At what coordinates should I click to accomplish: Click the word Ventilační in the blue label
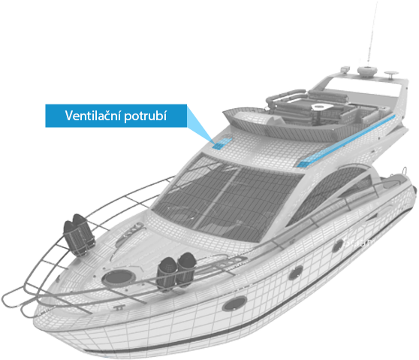pos(93,116)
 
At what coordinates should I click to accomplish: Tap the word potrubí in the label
pos(146,116)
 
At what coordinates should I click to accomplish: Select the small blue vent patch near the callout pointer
pos(222,144)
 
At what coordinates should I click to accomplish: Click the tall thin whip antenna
pos(372,32)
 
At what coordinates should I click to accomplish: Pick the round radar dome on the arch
pos(367,71)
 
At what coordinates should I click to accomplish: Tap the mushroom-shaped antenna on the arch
pos(391,74)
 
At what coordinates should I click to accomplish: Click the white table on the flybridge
pos(321,107)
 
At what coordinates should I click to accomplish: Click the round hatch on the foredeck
pos(119,277)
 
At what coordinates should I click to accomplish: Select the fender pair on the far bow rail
pos(79,234)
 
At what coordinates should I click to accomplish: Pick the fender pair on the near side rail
pos(176,271)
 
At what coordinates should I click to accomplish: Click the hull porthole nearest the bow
pos(234,304)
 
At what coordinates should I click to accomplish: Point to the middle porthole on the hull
pos(296,273)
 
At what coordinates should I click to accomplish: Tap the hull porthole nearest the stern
pos(337,246)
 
